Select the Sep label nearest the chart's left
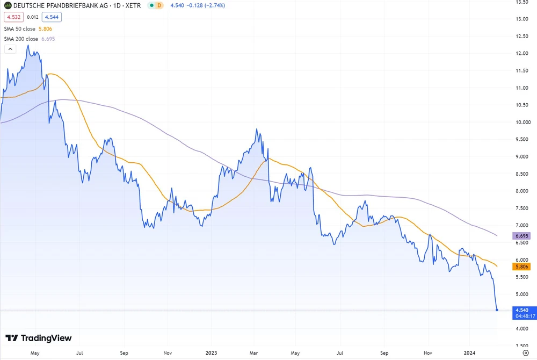[x=124, y=354]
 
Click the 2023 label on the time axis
[x=212, y=354]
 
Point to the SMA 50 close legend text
[x=21, y=28]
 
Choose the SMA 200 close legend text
[x=22, y=39]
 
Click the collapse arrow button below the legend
[x=10, y=49]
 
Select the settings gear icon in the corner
[x=526, y=354]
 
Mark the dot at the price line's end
[x=497, y=309]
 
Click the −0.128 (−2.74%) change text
[x=206, y=5]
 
